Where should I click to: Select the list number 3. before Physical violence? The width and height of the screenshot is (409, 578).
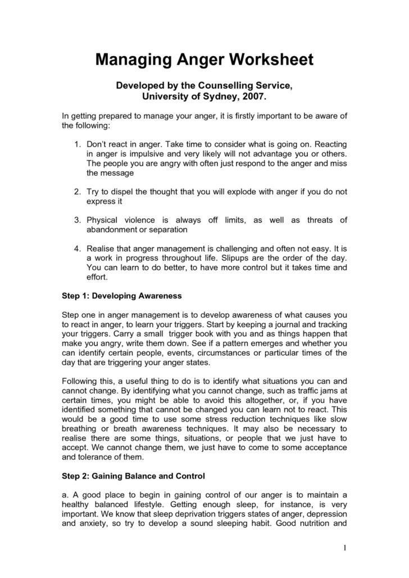click(78, 220)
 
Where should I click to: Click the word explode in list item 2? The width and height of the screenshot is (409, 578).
click(227, 191)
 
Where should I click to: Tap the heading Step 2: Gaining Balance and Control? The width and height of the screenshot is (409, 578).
click(133, 476)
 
